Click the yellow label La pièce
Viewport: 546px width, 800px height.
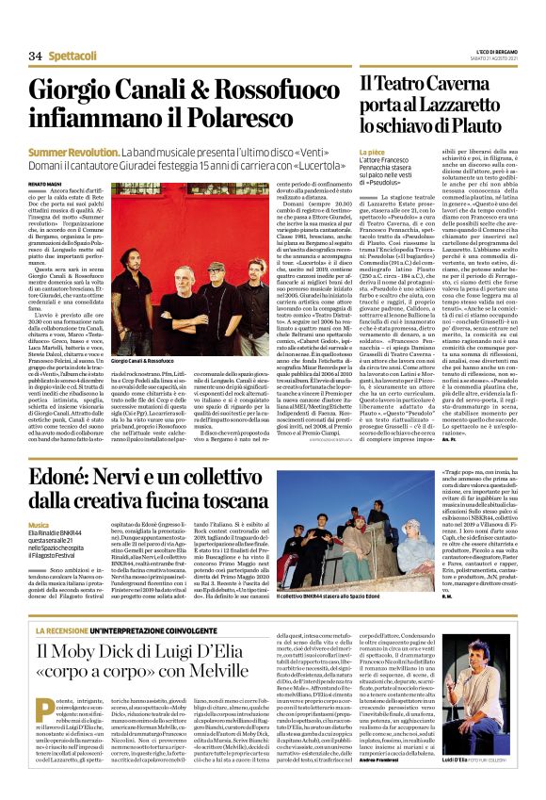coord(372,149)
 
